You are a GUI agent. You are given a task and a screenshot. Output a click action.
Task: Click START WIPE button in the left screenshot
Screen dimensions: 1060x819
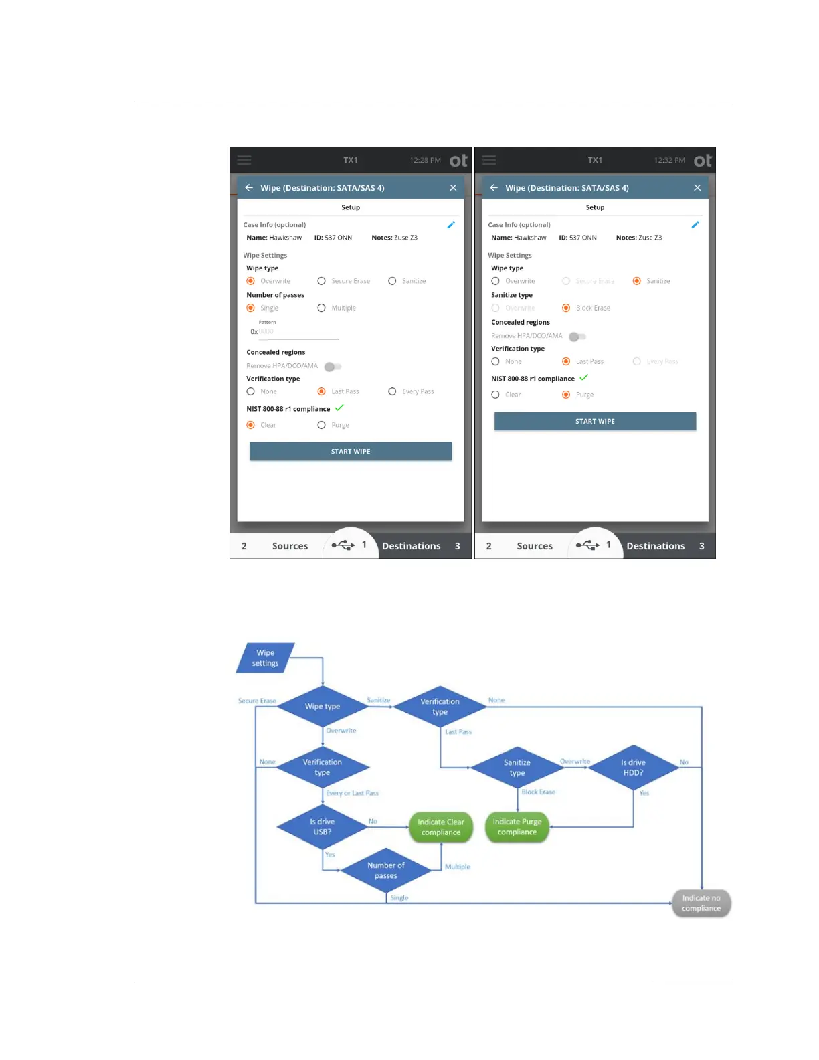point(351,452)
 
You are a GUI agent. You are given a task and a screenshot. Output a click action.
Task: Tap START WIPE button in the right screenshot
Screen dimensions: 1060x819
point(595,422)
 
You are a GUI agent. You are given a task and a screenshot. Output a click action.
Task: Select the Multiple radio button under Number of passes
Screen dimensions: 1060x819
point(322,308)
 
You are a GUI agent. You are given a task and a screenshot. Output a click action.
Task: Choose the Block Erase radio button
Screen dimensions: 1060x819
point(566,308)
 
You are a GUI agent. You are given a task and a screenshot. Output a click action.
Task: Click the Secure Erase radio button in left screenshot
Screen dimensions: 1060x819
point(322,282)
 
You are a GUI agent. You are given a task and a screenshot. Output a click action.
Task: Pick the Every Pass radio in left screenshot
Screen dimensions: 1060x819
point(393,392)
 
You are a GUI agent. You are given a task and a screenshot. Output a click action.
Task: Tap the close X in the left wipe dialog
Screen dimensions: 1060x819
point(453,188)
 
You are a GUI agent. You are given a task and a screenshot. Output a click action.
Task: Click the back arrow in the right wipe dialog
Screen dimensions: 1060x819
point(494,188)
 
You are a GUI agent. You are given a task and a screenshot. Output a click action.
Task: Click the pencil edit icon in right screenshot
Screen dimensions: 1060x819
point(695,225)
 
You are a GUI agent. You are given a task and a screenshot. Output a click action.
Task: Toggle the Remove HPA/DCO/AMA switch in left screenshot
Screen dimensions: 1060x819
point(333,367)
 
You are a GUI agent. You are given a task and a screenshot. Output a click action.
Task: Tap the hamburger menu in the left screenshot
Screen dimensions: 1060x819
point(244,161)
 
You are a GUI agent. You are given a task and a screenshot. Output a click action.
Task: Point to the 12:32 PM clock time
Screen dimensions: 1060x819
point(669,161)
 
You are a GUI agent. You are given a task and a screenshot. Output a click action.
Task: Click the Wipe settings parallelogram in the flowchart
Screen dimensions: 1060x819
point(266,658)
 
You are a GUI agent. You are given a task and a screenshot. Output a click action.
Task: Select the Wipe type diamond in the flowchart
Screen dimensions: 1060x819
point(323,707)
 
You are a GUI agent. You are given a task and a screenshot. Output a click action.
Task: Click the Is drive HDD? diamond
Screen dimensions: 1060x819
point(633,768)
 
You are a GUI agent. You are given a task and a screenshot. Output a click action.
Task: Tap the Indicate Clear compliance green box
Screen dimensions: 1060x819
point(441,828)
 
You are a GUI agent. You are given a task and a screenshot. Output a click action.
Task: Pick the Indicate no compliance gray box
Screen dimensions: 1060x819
point(701,903)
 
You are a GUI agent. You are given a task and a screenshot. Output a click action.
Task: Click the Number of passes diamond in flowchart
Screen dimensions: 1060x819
point(386,871)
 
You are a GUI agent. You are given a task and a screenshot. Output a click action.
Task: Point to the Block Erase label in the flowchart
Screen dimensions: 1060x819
point(539,792)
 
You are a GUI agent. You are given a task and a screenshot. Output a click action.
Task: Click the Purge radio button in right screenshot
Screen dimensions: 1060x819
point(566,395)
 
